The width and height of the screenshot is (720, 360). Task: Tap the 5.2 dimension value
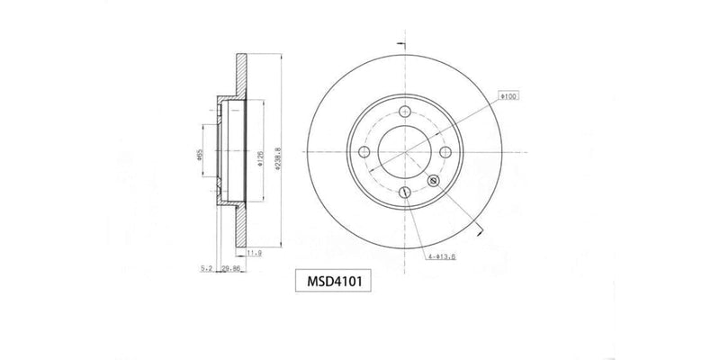tap(206, 267)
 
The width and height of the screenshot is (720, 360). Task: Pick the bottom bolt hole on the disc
tap(404, 193)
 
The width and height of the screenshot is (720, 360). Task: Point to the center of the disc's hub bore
tap(404, 152)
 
